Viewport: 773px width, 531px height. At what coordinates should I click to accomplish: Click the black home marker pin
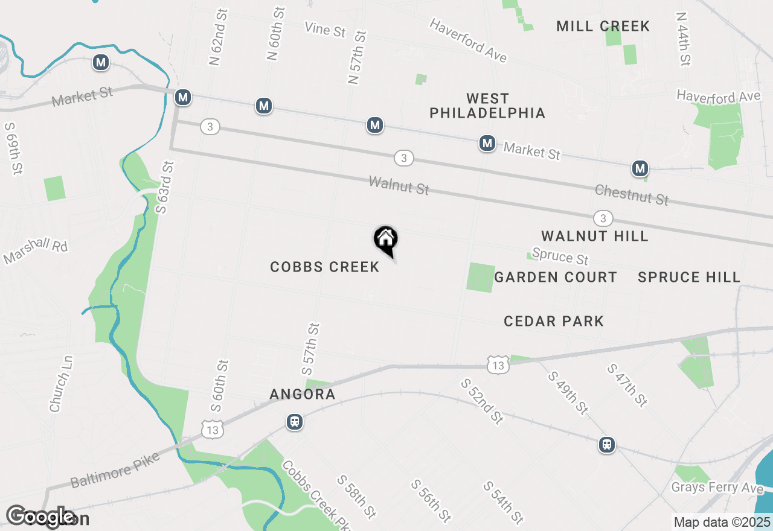385,240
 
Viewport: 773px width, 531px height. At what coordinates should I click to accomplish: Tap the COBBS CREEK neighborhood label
325,267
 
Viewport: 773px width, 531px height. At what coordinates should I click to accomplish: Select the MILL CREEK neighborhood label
603,26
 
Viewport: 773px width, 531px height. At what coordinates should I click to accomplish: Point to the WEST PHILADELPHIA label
487,106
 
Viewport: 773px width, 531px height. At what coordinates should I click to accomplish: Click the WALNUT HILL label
594,236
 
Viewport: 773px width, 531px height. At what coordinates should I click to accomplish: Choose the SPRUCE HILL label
689,277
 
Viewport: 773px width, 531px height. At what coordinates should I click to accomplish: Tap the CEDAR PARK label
554,321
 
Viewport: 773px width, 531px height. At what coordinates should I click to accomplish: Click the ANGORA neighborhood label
302,395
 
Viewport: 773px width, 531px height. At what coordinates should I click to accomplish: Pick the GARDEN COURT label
556,277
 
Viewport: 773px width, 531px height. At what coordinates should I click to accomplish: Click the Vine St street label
325,29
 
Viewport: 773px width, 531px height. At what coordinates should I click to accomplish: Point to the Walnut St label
399,185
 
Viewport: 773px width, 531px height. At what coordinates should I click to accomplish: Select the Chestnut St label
632,194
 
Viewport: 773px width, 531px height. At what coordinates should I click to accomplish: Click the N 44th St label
684,39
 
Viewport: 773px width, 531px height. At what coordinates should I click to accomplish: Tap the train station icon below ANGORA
295,421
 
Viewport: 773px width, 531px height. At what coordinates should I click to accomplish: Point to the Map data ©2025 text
722,522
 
